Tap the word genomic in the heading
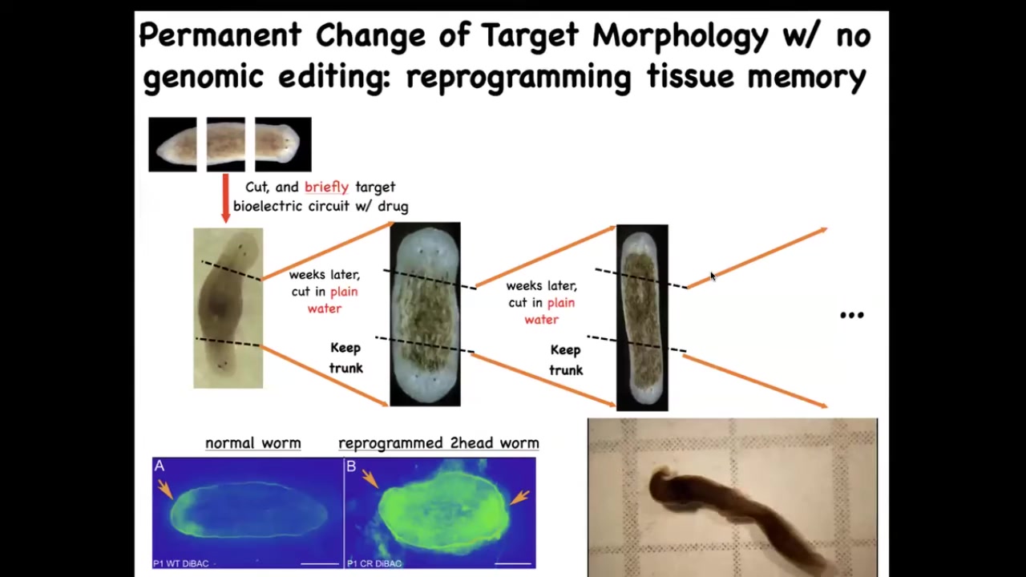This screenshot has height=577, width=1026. click(x=203, y=77)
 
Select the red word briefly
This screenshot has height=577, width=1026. click(x=326, y=187)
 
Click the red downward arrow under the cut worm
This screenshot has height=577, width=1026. click(x=225, y=198)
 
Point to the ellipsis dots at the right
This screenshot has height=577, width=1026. click(x=852, y=315)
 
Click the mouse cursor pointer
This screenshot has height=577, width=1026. click(x=713, y=276)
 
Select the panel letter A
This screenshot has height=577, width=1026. click(x=160, y=466)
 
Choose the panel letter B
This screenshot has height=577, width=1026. click(x=351, y=466)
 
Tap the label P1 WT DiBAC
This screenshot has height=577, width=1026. click(x=181, y=563)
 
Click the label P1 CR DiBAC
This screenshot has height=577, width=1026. click(x=374, y=563)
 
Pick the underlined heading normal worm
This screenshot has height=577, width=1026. click(x=252, y=443)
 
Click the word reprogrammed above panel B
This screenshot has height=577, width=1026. click(x=390, y=443)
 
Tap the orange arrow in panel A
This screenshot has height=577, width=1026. click(x=165, y=489)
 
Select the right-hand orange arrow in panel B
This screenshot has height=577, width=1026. click(x=520, y=498)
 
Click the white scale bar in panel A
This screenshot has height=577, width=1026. click(x=320, y=563)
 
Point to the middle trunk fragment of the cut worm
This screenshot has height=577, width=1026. click(x=226, y=144)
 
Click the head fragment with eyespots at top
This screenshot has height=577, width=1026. click(x=283, y=144)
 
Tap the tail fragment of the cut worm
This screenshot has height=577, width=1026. click(x=172, y=144)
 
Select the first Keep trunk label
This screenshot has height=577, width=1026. click(x=345, y=357)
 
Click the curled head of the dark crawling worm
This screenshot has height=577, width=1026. click(x=662, y=486)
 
